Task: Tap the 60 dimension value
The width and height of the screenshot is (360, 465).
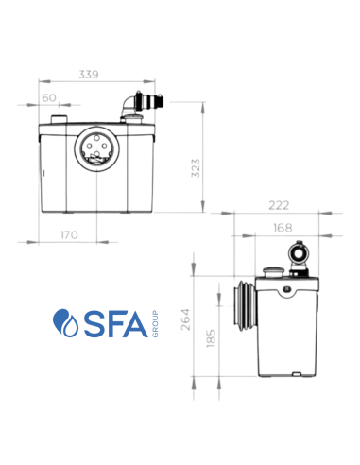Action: pyautogui.click(x=48, y=96)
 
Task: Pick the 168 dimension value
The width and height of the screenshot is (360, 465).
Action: pyautogui.click(x=283, y=227)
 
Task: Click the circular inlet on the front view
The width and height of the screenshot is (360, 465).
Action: pyautogui.click(x=94, y=147)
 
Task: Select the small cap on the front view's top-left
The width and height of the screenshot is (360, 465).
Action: pyautogui.click(x=60, y=117)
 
